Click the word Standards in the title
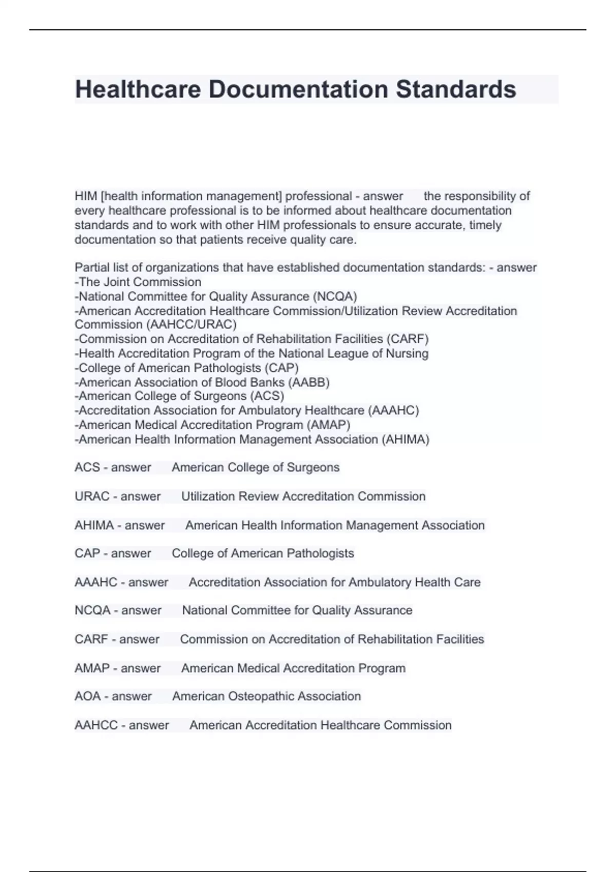click(x=456, y=89)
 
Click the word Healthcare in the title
click(x=138, y=89)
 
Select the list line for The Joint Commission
click(x=139, y=282)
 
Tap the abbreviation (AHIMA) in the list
click(x=406, y=440)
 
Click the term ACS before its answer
click(x=87, y=467)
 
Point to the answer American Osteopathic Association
click(x=266, y=696)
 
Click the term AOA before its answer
click(x=88, y=696)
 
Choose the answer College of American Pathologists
click(x=263, y=553)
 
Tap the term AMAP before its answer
click(x=92, y=668)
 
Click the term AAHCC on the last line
click(x=96, y=725)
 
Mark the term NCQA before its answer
click(x=92, y=610)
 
